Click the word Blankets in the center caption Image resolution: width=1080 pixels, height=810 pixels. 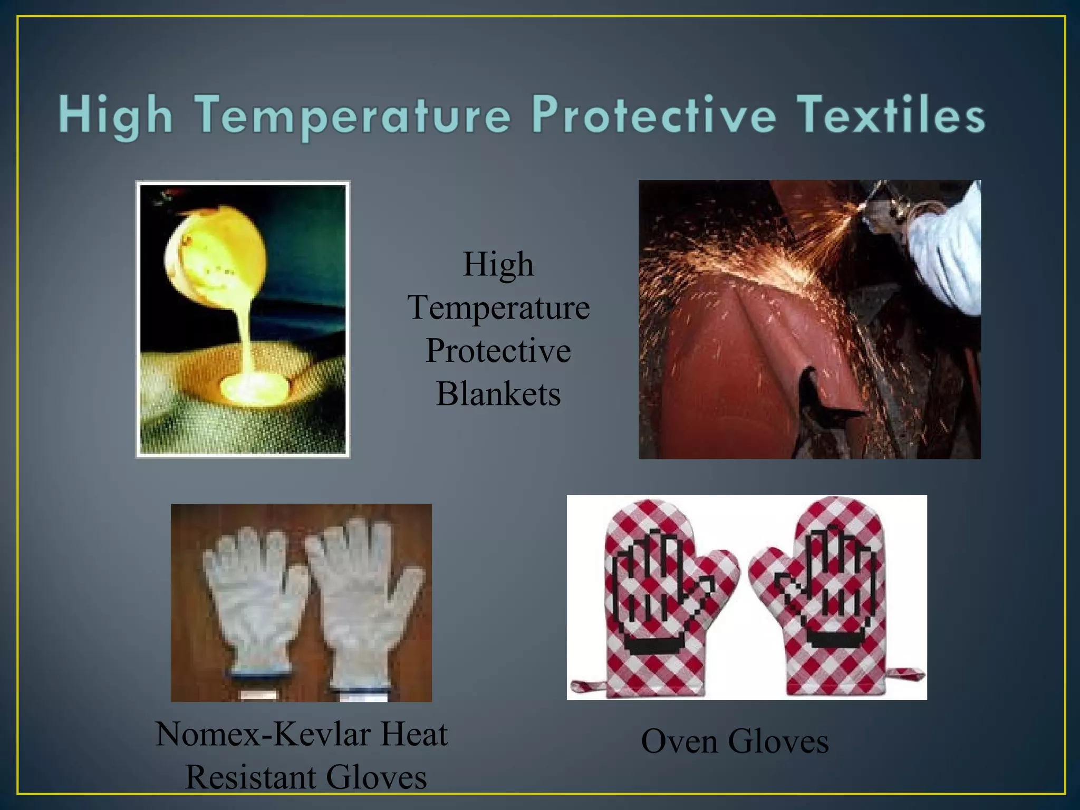tap(498, 394)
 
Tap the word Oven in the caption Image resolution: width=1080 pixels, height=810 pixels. tap(679, 741)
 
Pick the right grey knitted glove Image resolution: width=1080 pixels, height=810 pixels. tap(364, 601)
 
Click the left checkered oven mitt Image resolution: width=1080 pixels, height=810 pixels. tap(659, 596)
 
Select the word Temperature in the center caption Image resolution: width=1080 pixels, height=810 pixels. tap(498, 307)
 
